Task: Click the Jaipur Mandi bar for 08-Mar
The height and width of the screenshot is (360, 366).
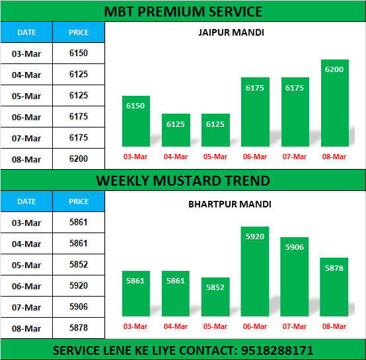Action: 335,103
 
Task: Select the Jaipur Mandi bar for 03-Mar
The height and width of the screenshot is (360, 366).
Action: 136,121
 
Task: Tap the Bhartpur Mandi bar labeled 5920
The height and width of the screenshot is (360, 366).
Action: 255,271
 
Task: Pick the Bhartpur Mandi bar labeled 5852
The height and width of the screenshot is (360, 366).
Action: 215,297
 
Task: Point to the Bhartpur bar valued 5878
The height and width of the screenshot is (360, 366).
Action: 334,287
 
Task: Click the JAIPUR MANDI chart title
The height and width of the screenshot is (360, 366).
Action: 231,32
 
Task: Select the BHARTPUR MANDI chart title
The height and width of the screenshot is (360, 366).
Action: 230,204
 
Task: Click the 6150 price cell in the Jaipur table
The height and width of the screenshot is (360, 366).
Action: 79,54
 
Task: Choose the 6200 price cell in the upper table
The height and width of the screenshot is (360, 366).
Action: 79,159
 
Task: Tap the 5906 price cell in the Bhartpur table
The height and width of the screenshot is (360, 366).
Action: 79,306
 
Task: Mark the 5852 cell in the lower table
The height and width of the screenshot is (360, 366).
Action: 79,265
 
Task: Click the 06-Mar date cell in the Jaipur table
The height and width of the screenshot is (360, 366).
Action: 26,117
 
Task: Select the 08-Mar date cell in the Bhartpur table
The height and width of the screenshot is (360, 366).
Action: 26,328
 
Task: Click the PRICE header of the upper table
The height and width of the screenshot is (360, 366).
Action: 79,32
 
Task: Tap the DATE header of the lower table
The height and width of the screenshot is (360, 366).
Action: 26,201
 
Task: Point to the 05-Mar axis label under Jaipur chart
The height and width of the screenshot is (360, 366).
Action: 215,157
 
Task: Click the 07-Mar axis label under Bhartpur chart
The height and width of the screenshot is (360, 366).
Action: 295,326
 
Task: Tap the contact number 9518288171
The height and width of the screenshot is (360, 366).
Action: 277,351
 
